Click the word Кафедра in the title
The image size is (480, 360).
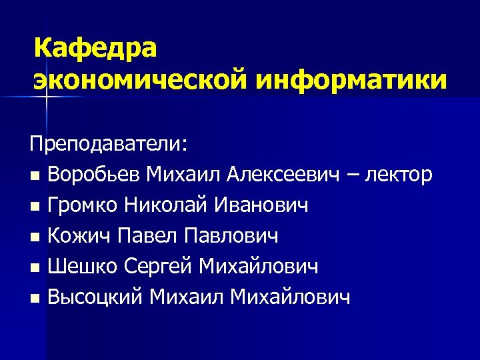pos(95,49)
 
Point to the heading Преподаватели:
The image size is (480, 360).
pos(109,145)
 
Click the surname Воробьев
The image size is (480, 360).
pos(95,175)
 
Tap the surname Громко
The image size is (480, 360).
pos(85,206)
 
